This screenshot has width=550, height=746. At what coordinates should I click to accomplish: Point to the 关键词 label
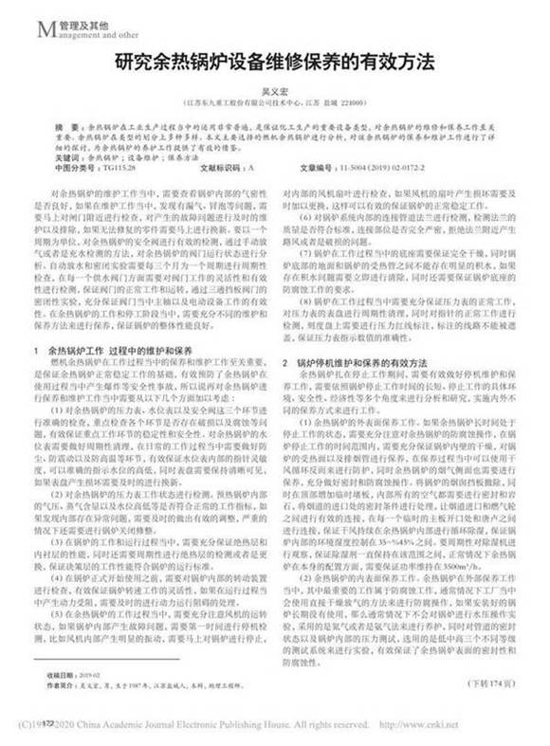(x=67, y=157)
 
